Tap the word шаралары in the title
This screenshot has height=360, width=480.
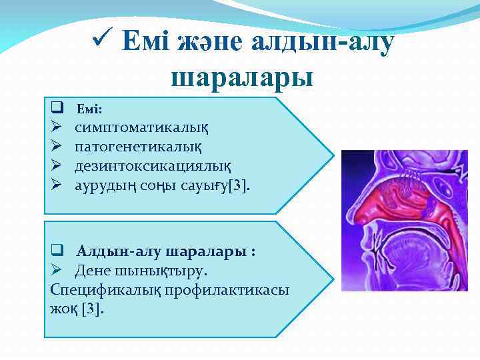click(242, 78)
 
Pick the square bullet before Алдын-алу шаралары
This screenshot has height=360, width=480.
click(57, 252)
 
